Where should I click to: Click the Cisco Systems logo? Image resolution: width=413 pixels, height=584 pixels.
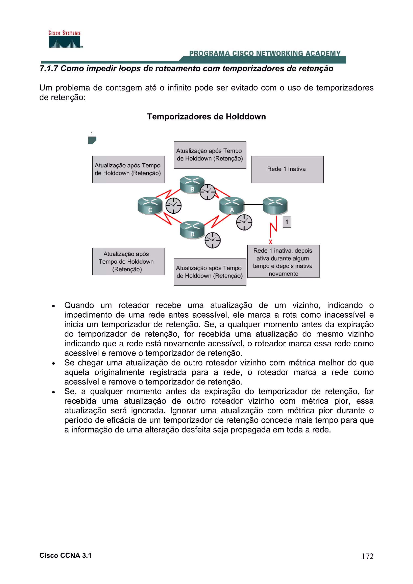(65, 39)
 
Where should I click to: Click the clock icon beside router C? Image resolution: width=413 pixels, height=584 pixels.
(174, 206)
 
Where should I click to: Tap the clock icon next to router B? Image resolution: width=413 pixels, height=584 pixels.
(207, 192)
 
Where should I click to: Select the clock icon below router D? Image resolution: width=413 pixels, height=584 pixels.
(213, 240)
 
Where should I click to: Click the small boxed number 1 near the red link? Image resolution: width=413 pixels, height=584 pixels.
(287, 222)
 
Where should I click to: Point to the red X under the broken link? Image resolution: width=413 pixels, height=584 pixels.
(270, 242)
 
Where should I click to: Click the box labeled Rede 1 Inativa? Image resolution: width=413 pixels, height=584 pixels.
(287, 169)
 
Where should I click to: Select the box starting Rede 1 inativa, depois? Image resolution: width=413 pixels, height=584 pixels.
(283, 261)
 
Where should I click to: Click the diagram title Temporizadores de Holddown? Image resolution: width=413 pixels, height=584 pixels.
(206, 116)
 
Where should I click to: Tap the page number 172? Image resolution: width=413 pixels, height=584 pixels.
(367, 556)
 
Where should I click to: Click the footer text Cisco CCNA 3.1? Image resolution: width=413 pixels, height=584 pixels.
(65, 556)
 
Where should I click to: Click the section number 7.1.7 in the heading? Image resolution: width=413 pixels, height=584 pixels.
(49, 69)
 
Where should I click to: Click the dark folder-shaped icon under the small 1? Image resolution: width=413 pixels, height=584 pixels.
(92, 140)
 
